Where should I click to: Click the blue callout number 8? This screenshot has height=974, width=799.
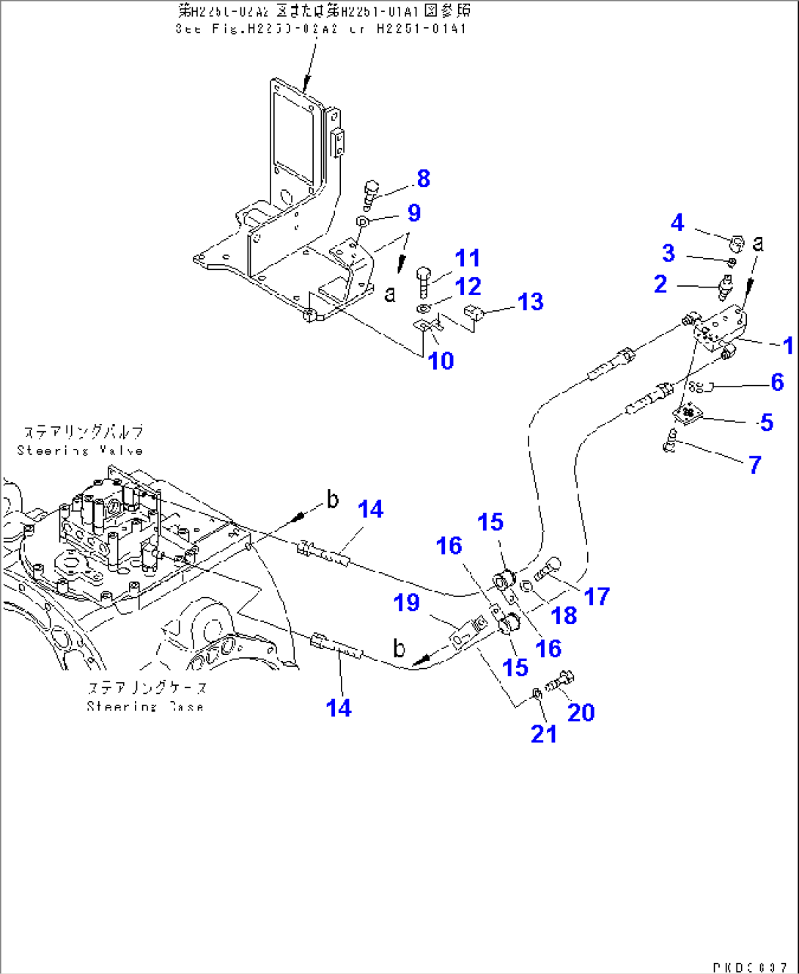point(423,178)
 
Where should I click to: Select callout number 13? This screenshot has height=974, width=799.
point(530,302)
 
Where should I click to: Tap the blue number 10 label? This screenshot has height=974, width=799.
point(441,361)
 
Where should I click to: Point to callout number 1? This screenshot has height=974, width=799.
point(788,345)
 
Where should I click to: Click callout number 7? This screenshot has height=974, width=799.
point(755,464)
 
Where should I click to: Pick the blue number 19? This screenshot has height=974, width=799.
point(407,603)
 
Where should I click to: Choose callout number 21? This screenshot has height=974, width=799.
point(544,733)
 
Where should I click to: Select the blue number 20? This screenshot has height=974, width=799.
point(581,712)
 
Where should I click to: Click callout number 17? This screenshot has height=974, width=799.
point(597,596)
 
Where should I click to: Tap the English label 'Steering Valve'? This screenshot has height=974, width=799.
point(80,450)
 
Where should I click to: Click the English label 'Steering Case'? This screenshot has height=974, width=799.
point(145,706)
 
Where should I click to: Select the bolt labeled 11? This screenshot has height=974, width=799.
point(424,279)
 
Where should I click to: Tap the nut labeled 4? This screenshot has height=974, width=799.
point(738,241)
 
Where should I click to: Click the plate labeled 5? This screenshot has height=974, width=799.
point(688,414)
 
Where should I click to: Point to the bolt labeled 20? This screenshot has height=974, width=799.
point(561,681)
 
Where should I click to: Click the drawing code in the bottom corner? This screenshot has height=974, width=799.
point(749,967)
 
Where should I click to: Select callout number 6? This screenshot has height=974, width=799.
point(777,381)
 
